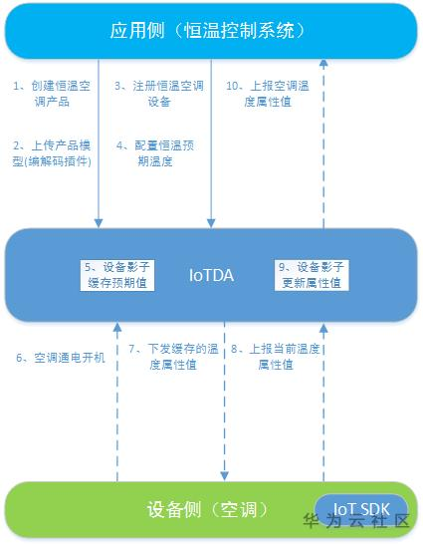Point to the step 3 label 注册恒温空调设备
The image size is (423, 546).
click(159, 94)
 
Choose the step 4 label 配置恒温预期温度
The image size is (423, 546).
click(159, 153)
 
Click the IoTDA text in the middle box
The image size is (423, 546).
click(211, 274)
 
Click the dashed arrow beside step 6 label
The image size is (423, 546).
click(117, 399)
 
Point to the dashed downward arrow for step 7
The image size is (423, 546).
click(225, 399)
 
